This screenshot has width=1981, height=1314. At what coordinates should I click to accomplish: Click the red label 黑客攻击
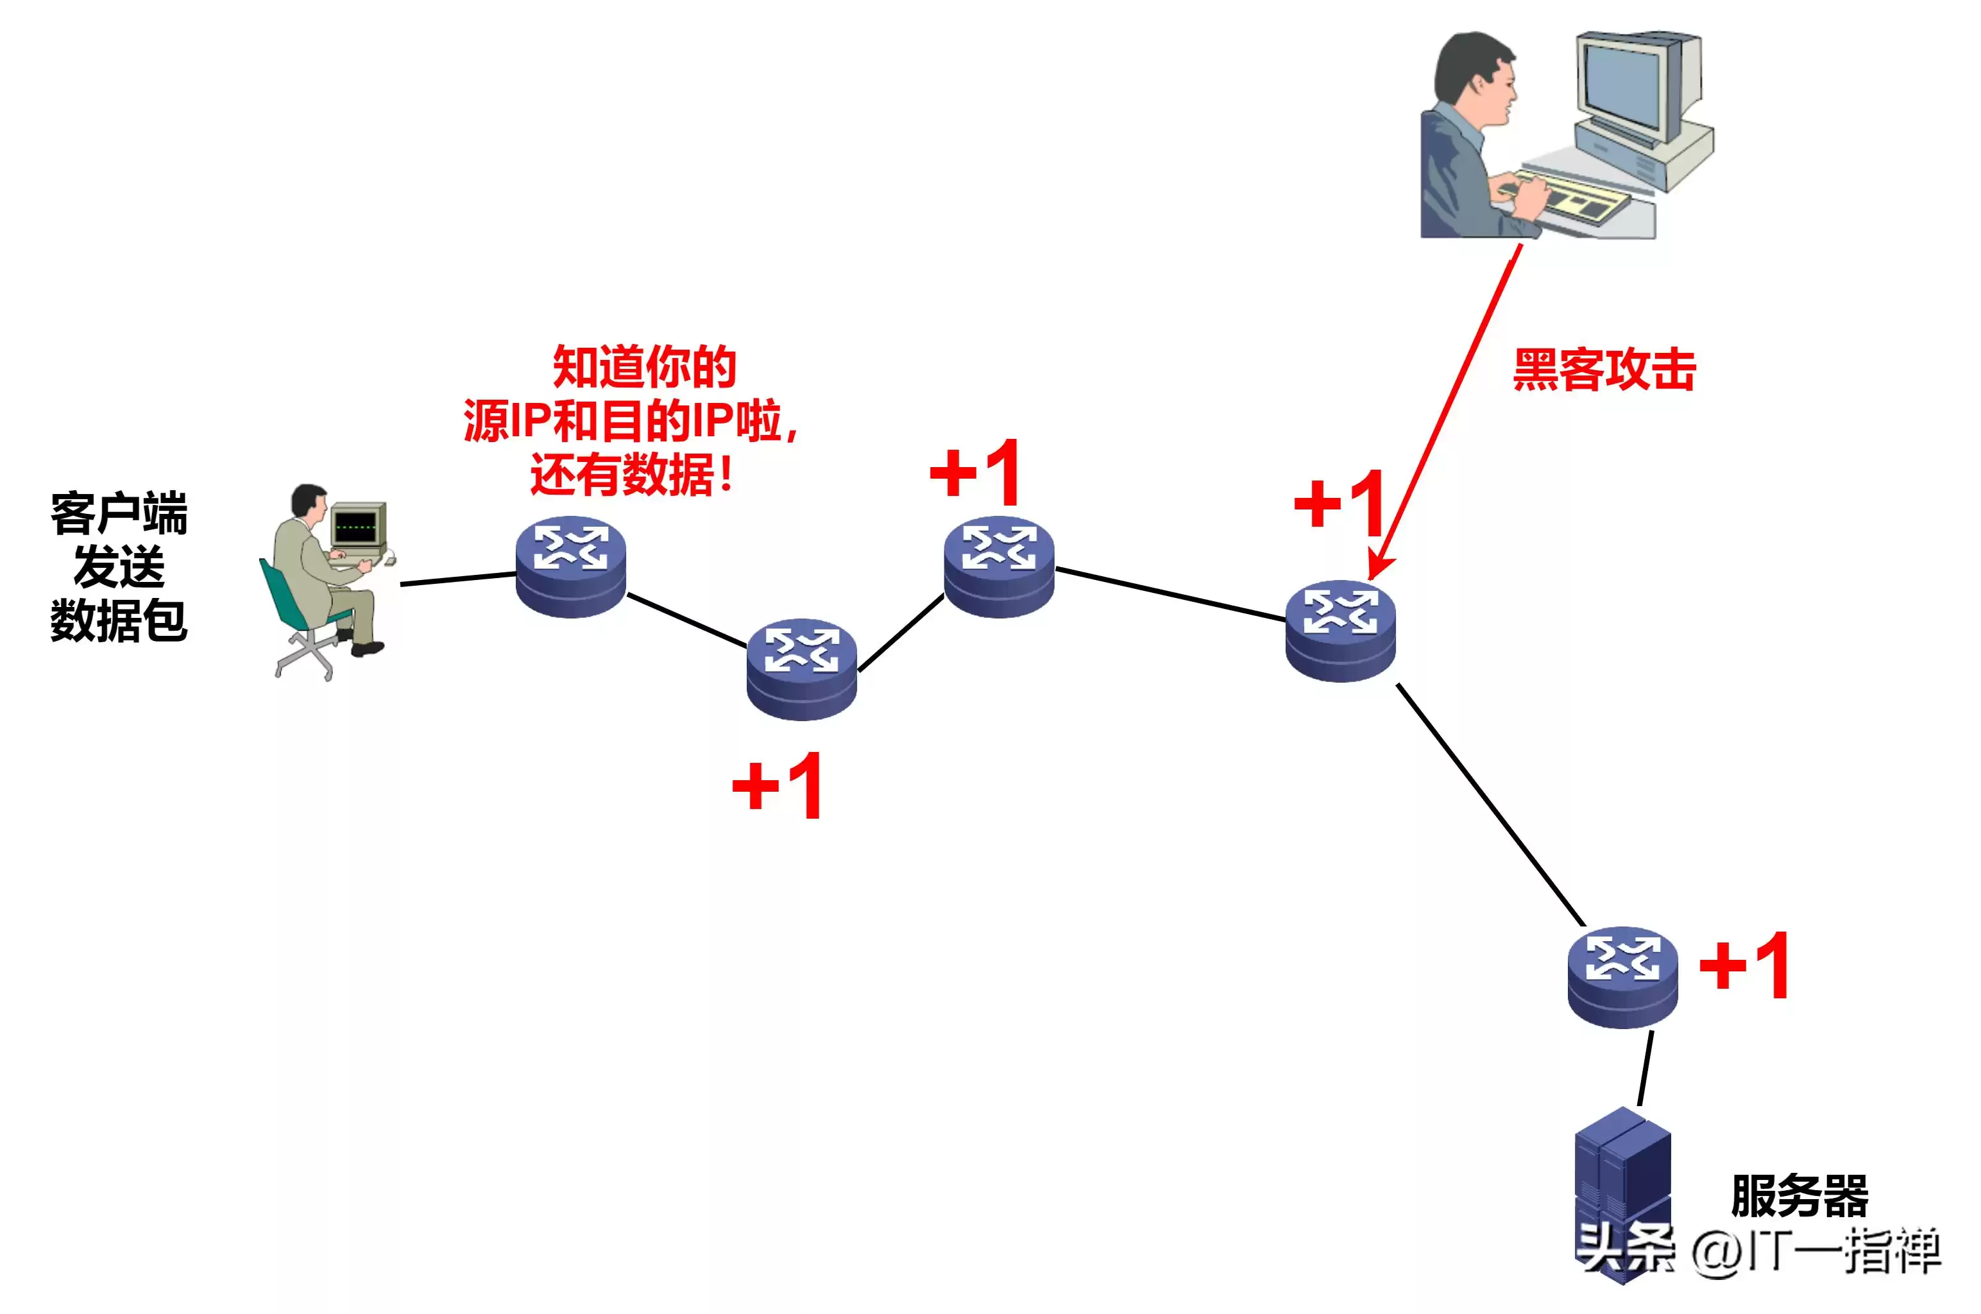[1603, 370]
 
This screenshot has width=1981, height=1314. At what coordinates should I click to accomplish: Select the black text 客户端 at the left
[119, 513]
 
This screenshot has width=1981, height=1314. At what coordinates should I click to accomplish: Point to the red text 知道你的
[643, 367]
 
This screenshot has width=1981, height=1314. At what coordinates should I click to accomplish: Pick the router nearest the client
[570, 566]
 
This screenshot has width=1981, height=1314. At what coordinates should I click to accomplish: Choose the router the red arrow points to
[1340, 630]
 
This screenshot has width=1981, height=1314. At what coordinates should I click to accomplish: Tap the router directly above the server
[1622, 977]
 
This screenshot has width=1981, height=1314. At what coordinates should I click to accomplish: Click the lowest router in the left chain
[802, 669]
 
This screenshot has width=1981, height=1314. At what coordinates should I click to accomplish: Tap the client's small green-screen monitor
[358, 526]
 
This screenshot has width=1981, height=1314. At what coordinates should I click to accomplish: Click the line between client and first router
[457, 578]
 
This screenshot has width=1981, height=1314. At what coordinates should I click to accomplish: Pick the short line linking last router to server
[1645, 1068]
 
